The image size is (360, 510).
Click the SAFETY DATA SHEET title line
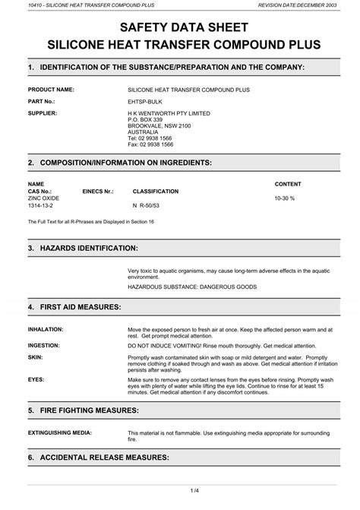(180, 27)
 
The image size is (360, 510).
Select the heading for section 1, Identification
(166, 68)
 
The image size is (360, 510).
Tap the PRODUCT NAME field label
(51, 89)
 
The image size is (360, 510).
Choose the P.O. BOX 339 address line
(145, 119)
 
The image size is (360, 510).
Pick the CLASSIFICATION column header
(156, 191)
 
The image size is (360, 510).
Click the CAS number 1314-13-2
(42, 205)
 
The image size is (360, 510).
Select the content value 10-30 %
(284, 198)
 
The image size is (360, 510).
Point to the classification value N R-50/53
(147, 205)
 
